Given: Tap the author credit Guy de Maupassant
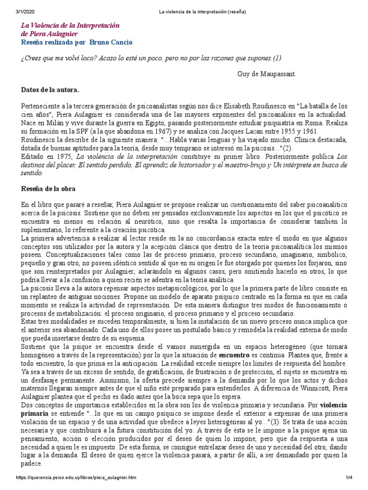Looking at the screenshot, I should click(266, 74).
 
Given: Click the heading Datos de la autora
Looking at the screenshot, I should click(50, 89).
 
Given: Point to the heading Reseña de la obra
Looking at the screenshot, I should click(48, 189).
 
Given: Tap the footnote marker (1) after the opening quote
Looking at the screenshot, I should click(276, 58).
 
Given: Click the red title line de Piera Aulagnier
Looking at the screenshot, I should click(49, 33).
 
